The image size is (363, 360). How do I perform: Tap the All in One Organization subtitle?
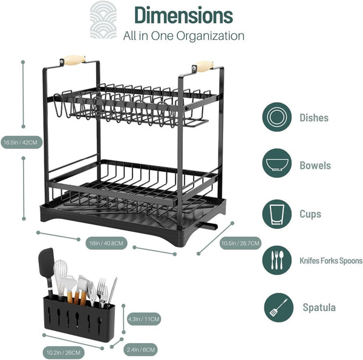click(183, 36)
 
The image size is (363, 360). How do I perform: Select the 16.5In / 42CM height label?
click(20, 143)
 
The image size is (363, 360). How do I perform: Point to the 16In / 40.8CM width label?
click(106, 243)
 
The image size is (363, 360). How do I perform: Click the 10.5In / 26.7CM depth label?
click(241, 244)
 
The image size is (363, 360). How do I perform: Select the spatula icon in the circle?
click(278, 309)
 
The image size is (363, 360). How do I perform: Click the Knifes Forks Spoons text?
click(331, 261)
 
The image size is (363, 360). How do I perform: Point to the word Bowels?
click(315, 165)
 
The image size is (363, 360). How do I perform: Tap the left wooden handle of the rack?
click(74, 60)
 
